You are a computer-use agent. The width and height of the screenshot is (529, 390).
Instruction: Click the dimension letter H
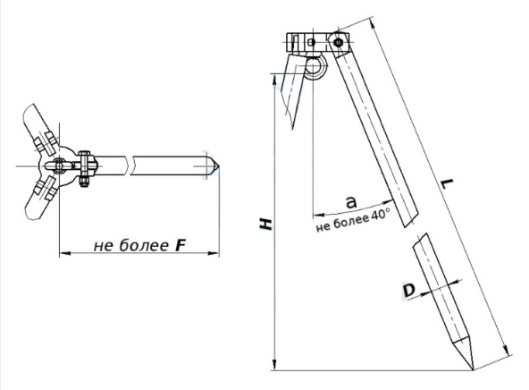tap(266, 225)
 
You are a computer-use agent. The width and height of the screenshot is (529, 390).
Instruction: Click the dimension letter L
tap(448, 184)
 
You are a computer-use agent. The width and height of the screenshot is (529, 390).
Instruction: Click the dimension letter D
tap(409, 291)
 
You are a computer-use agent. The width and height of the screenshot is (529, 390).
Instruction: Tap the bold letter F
tap(181, 245)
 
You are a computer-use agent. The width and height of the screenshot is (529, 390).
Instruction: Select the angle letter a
tap(351, 202)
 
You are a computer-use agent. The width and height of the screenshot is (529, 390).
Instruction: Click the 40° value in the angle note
tap(381, 216)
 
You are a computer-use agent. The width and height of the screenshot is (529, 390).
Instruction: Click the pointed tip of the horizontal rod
tap(219, 166)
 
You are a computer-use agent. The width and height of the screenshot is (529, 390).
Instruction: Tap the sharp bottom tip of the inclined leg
tap(473, 369)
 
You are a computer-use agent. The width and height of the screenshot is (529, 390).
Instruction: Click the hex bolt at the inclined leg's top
tap(338, 43)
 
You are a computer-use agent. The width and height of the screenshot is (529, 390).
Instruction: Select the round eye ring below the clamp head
tap(315, 67)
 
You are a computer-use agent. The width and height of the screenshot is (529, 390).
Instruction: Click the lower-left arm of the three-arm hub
tap(39, 199)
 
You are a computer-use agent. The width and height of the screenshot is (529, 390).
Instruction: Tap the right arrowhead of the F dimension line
tap(214, 252)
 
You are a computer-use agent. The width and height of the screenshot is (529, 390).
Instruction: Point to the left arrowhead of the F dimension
tap(65, 252)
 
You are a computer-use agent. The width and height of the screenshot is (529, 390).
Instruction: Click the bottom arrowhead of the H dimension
tap(275, 364)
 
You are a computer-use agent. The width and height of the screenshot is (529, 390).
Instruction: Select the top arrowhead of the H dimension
tap(275, 80)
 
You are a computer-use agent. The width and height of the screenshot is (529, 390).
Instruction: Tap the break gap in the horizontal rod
tap(130, 165)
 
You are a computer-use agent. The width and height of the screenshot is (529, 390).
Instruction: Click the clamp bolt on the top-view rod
tap(84, 168)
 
